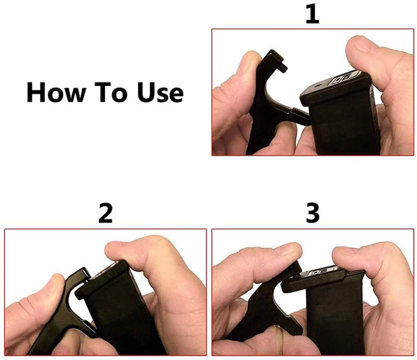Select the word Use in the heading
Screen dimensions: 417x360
(161, 93)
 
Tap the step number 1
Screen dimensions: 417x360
(312, 14)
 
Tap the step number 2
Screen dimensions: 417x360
(105, 213)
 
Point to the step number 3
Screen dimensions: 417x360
(313, 213)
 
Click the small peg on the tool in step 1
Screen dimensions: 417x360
(282, 68)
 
